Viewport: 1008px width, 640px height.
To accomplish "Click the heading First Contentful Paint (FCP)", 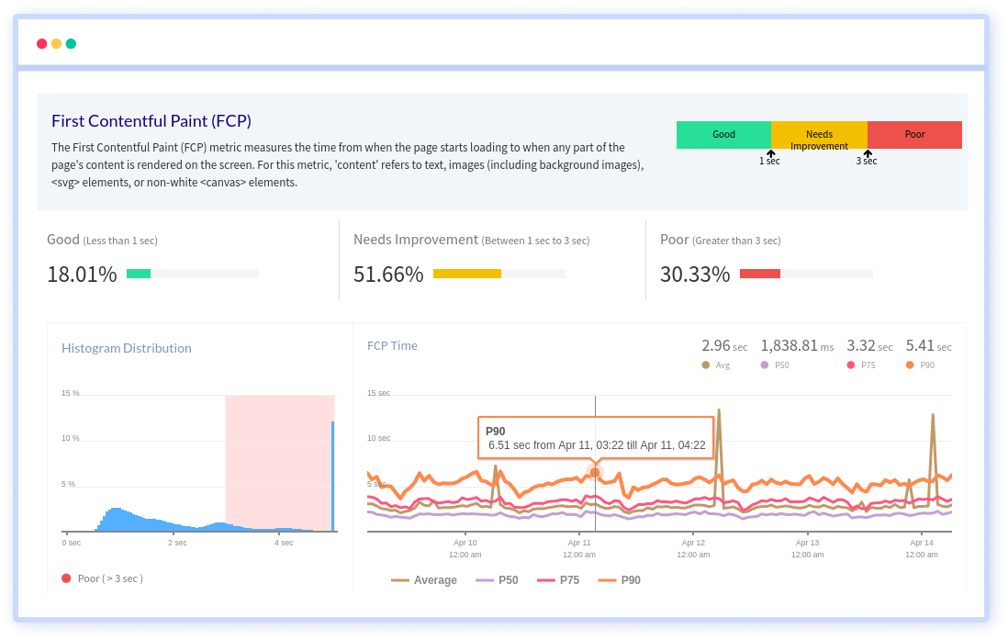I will point(151,120).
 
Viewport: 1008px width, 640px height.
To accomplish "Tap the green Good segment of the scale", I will point(723,135).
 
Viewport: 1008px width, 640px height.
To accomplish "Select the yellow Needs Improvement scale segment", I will point(819,135).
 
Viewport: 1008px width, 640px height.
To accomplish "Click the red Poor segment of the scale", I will point(914,135).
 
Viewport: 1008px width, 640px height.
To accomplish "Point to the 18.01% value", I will point(82,274).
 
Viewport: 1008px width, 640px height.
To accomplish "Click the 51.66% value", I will point(388,274).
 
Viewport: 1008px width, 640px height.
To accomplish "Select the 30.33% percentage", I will point(695,274).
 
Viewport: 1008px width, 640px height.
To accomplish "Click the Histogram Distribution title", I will point(127,348).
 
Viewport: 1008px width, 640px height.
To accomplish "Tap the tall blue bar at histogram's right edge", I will point(332,476).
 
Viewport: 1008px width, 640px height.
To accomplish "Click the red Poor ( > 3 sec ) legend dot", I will point(66,578).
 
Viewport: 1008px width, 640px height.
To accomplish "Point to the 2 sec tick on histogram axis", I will point(177,543).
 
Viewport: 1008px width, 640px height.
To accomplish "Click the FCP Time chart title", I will point(392,346).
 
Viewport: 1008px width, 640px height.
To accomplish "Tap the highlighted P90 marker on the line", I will point(595,472).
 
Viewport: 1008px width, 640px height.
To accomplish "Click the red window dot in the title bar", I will point(41,43).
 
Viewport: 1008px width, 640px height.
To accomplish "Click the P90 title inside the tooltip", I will point(496,431).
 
